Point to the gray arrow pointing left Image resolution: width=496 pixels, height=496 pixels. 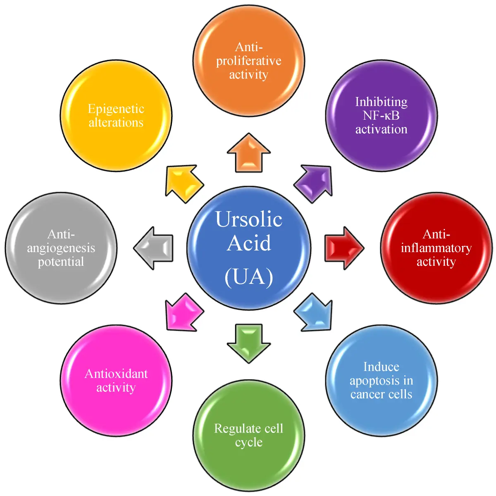click(x=154, y=248)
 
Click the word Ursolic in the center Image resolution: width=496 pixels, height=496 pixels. click(x=249, y=219)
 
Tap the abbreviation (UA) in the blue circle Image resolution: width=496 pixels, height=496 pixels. click(x=249, y=277)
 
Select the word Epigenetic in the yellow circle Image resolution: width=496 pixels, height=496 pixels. click(x=116, y=109)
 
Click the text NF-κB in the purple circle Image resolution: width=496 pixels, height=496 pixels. click(x=381, y=116)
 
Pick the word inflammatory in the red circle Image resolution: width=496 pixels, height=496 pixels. click(x=436, y=248)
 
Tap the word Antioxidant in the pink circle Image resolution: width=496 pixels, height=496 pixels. click(x=116, y=373)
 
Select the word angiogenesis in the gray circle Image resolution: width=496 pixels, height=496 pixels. click(x=61, y=248)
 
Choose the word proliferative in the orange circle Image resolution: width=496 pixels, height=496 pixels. click(x=249, y=61)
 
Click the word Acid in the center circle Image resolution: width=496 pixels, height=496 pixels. click(x=249, y=243)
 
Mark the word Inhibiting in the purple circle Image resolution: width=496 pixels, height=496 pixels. click(x=381, y=102)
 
